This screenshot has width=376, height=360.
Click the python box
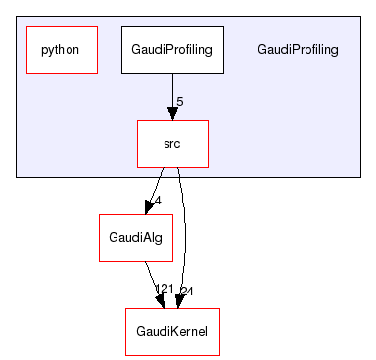(x=61, y=50)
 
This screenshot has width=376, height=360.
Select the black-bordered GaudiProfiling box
(x=173, y=50)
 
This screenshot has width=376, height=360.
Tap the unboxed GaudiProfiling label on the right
(x=298, y=50)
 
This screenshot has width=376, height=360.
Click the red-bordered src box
(x=172, y=144)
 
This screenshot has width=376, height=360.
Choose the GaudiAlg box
(x=129, y=238)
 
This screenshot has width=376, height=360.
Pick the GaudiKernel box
(x=172, y=332)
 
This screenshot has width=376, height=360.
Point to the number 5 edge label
(x=179, y=101)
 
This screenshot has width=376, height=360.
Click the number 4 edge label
(x=157, y=201)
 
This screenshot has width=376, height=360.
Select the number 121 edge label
(x=164, y=291)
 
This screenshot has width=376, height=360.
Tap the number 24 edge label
(x=187, y=291)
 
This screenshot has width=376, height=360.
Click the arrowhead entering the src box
(x=172, y=112)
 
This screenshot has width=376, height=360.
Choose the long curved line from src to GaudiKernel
(x=185, y=235)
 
